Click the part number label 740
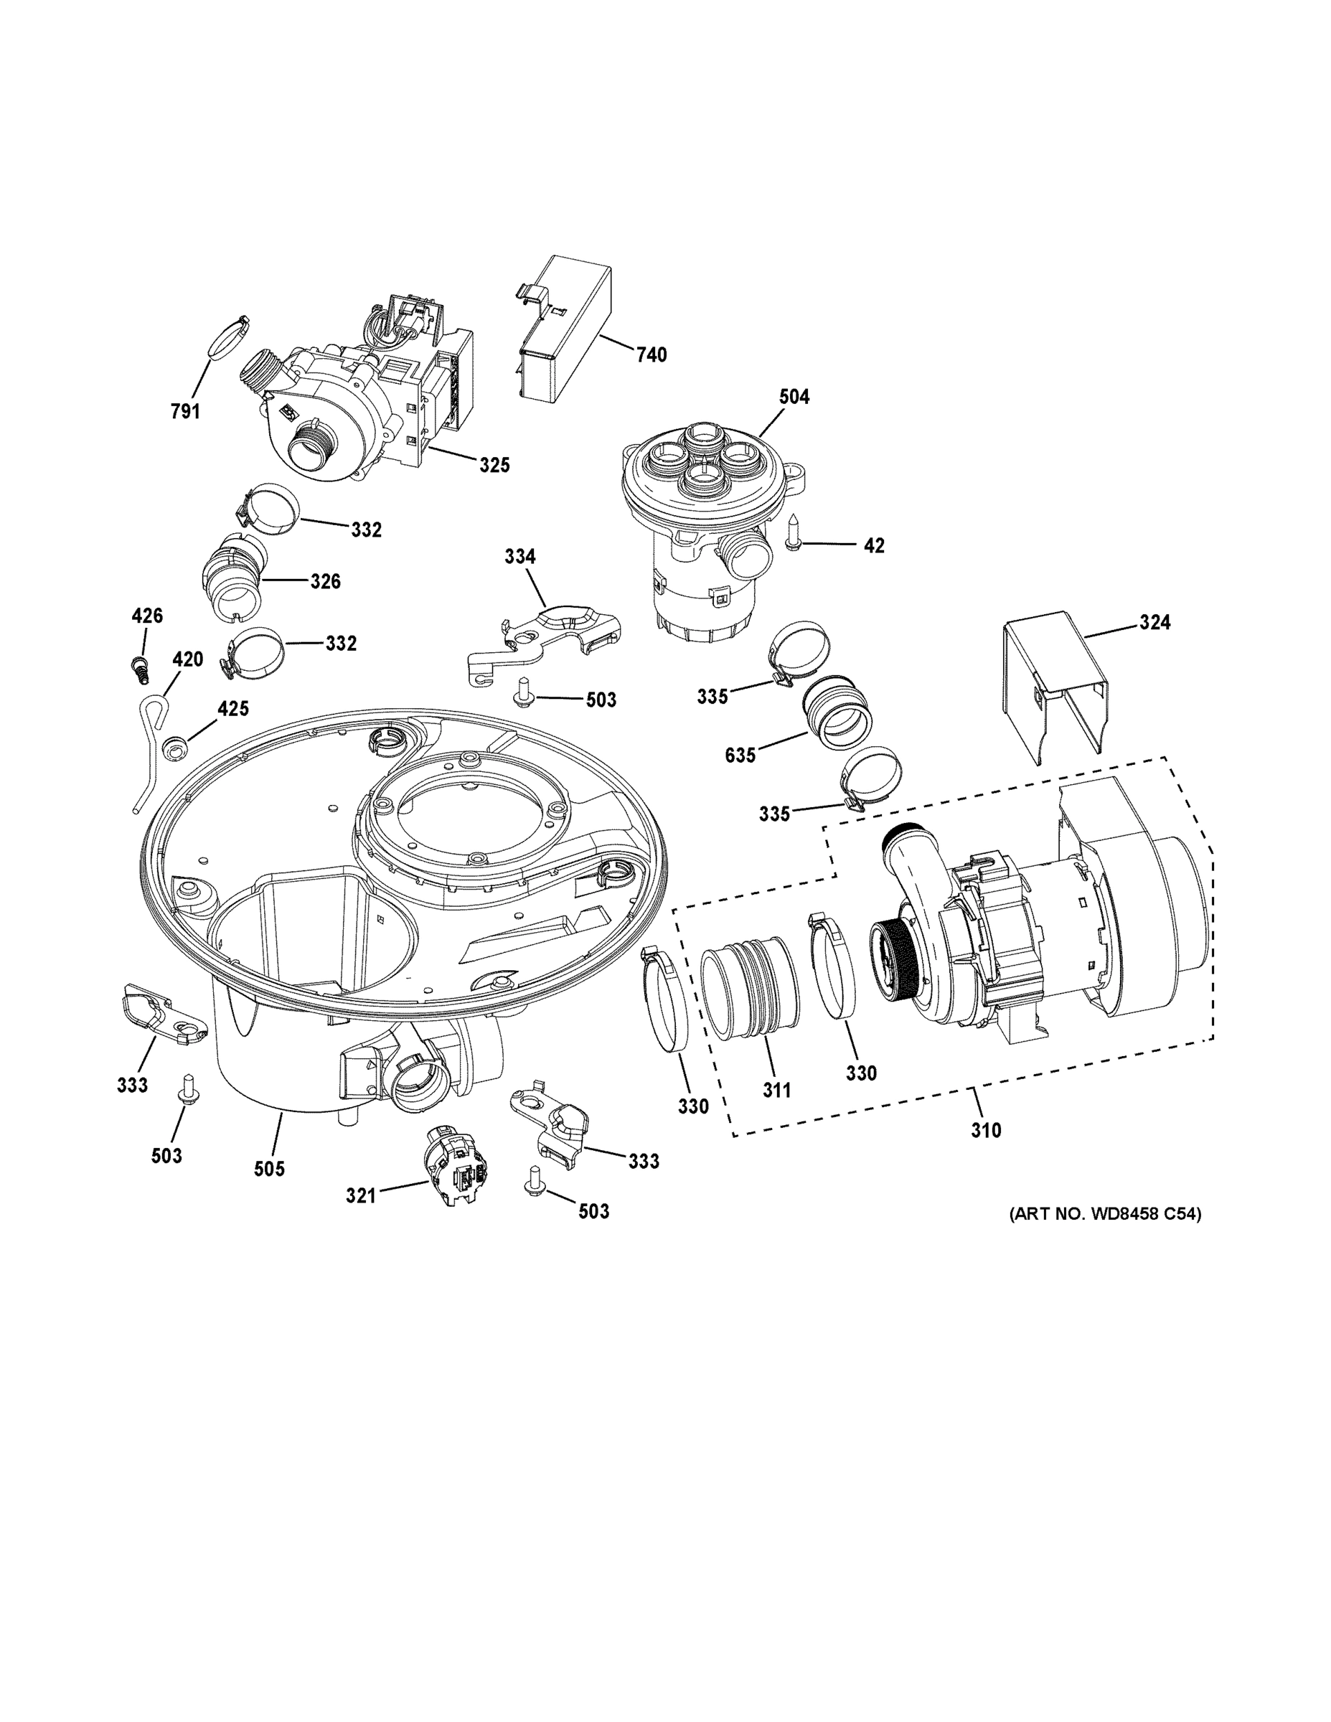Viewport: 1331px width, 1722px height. point(652,355)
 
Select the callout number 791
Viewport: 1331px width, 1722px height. point(185,411)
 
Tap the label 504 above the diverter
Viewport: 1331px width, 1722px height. point(794,397)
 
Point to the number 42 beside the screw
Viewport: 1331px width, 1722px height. point(874,545)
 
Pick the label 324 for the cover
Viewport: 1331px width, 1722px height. point(1154,622)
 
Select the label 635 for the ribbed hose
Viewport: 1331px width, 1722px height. point(740,756)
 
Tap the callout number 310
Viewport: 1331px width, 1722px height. point(986,1131)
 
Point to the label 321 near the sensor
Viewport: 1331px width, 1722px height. point(360,1196)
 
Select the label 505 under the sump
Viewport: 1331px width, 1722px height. point(269,1170)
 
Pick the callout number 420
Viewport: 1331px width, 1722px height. point(188,659)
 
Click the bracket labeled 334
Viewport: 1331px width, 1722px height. point(544,639)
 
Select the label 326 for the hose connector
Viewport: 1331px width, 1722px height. point(325,581)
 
